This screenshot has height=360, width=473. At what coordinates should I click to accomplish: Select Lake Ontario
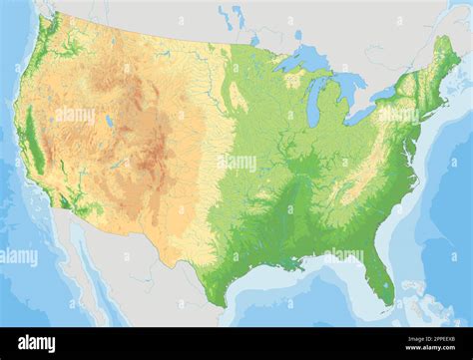tap(385, 94)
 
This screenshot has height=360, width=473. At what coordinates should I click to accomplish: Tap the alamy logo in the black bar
tap(36, 344)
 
